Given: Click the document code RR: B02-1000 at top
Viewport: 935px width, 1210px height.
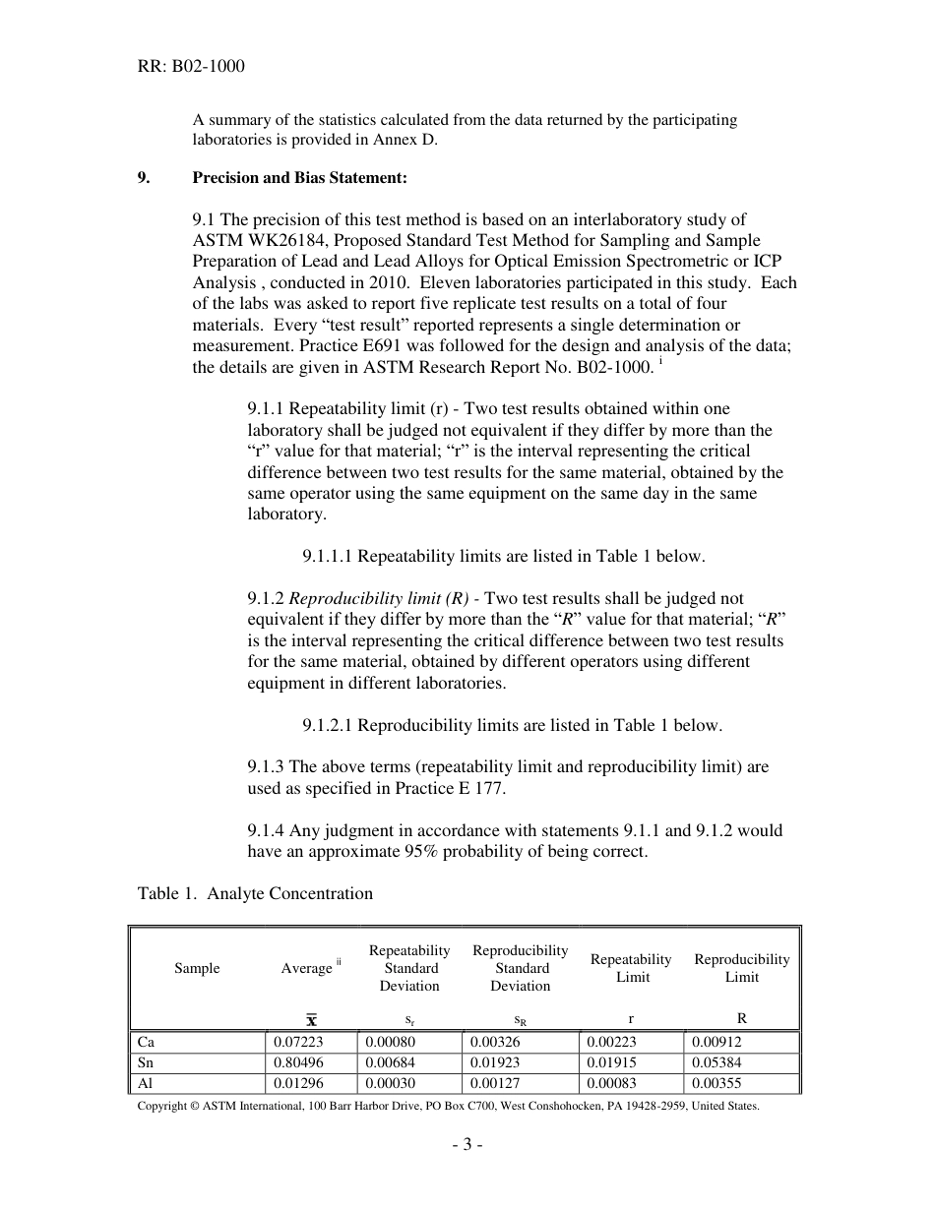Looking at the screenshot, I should click(x=191, y=66).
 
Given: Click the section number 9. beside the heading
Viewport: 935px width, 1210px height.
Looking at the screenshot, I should click(x=144, y=178).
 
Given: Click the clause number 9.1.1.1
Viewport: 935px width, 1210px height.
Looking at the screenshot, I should click(x=328, y=556).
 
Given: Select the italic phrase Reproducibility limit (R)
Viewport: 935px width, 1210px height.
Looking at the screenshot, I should click(x=379, y=598).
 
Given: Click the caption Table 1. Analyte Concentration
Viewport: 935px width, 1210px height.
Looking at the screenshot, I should click(x=255, y=893).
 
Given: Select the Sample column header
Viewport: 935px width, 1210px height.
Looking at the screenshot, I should click(x=197, y=969).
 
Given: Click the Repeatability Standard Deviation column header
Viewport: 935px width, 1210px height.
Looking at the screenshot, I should click(x=409, y=968).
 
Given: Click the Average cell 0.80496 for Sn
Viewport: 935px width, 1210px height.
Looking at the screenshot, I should click(x=298, y=1062).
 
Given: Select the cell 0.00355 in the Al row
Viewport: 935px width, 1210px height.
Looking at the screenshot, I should click(x=717, y=1084).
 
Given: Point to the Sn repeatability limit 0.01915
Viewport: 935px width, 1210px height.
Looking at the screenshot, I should click(x=611, y=1062).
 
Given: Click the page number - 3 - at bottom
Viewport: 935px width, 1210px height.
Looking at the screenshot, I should click(x=467, y=1144).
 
